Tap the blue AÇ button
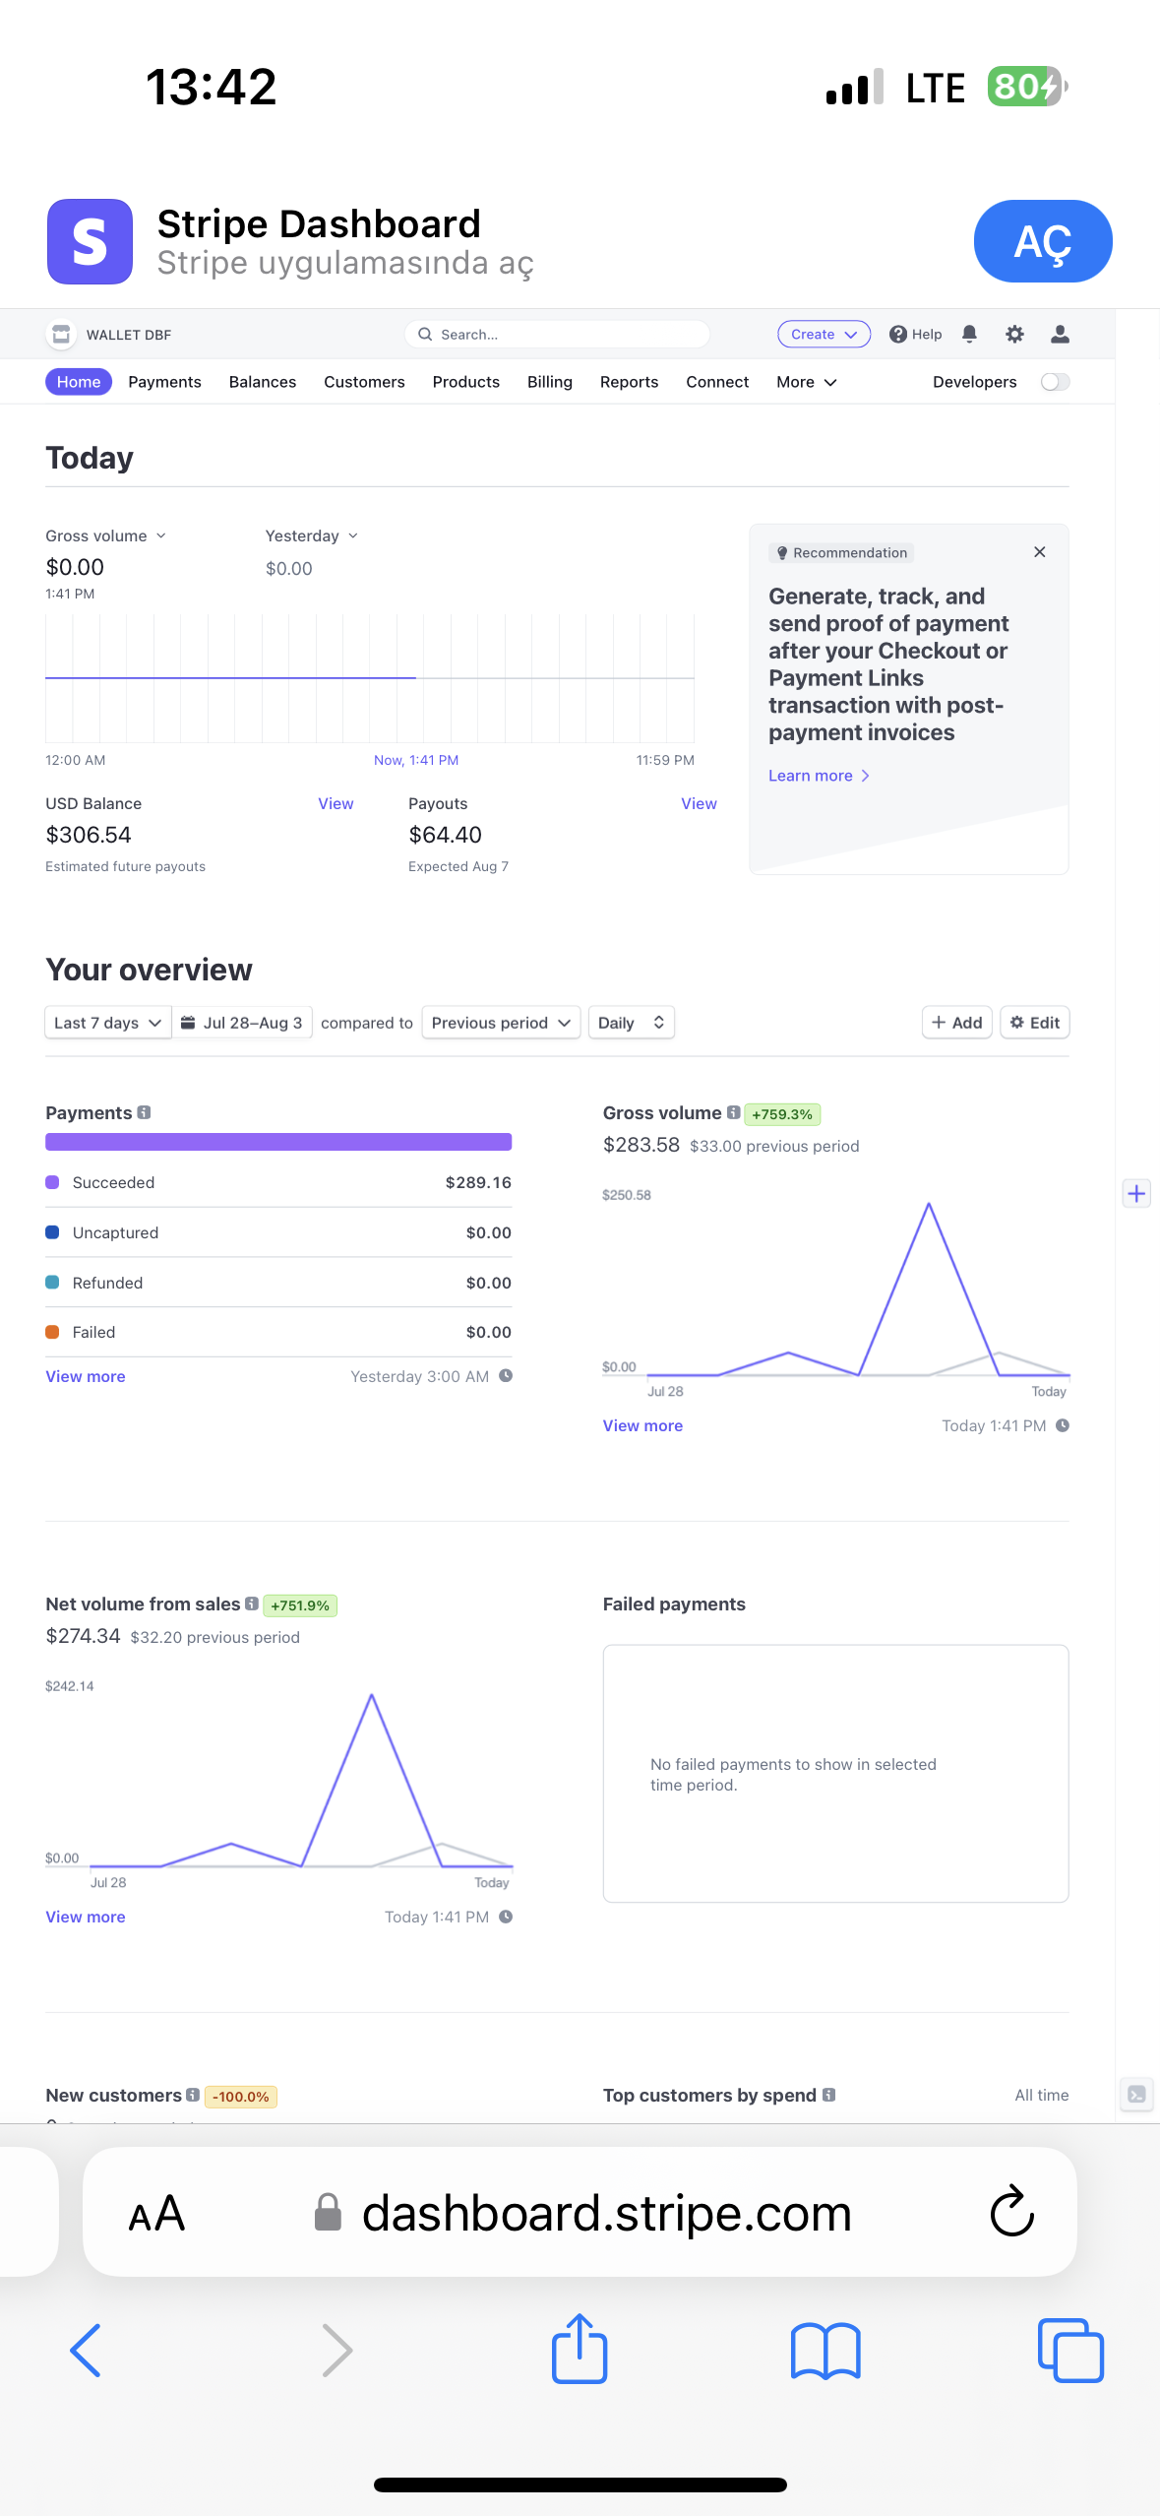click(1043, 241)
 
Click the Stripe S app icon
click(90, 241)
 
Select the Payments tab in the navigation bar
click(164, 382)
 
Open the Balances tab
click(263, 382)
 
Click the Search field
click(557, 335)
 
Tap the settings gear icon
click(1014, 335)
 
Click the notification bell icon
click(969, 335)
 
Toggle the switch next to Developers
click(1055, 382)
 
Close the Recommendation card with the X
click(1039, 552)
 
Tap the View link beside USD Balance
click(336, 804)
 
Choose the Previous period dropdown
click(501, 1023)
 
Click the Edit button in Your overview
click(1035, 1023)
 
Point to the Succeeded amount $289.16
click(478, 1182)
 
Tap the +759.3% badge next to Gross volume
click(782, 1114)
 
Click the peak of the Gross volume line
click(929, 1204)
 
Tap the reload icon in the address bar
click(1011, 2212)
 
